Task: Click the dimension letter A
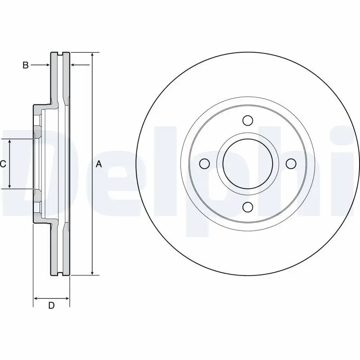click(x=99, y=165)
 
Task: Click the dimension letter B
click(x=26, y=65)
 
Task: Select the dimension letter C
click(x=3, y=164)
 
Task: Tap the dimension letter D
click(x=51, y=306)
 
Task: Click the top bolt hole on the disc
click(x=247, y=121)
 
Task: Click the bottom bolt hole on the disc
click(x=247, y=207)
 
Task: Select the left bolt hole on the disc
click(x=204, y=163)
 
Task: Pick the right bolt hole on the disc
click(x=291, y=163)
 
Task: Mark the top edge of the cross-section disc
click(x=60, y=53)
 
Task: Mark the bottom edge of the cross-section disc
click(x=60, y=274)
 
